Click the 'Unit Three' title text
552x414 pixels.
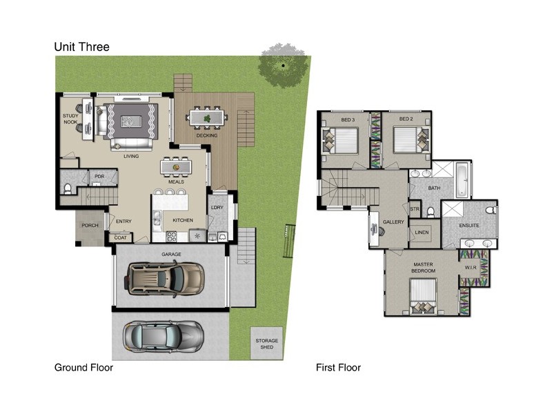click(x=81, y=47)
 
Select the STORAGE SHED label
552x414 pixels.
click(x=266, y=344)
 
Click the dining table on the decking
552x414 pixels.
click(x=207, y=118)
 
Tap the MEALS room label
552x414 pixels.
click(x=176, y=182)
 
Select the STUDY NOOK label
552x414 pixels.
click(x=70, y=119)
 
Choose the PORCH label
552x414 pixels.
click(x=89, y=226)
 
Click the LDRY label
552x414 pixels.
click(x=217, y=208)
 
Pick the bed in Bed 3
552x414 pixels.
click(x=340, y=142)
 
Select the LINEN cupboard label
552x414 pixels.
click(x=422, y=232)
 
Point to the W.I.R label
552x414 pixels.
click(x=471, y=268)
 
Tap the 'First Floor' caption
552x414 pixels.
click(x=338, y=368)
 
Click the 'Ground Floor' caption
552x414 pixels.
click(x=83, y=368)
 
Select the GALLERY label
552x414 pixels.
click(x=393, y=221)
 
